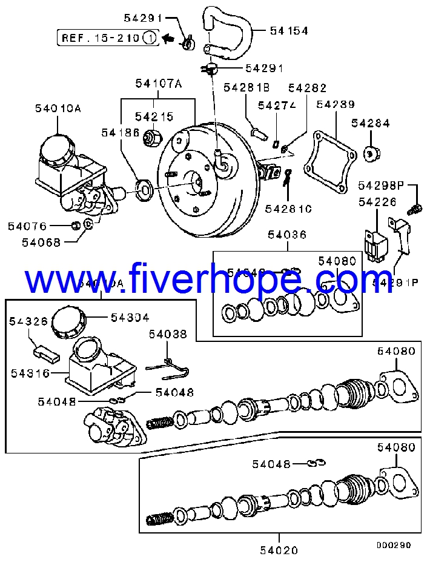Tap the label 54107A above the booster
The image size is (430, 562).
click(x=158, y=84)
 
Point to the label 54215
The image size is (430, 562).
click(x=154, y=116)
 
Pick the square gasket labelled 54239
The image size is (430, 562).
click(x=328, y=159)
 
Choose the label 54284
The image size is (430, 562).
click(x=371, y=123)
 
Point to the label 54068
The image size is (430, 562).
click(x=41, y=243)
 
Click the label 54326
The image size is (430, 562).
click(x=28, y=321)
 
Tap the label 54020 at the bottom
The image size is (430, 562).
click(x=279, y=550)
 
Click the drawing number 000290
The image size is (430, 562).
click(x=393, y=545)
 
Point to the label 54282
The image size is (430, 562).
click(x=307, y=89)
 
